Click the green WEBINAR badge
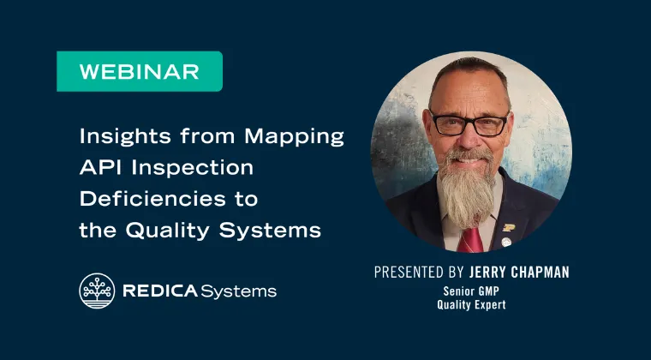[x=140, y=71]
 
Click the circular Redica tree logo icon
[x=97, y=291]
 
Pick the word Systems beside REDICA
[x=239, y=291]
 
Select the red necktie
[x=470, y=239]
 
